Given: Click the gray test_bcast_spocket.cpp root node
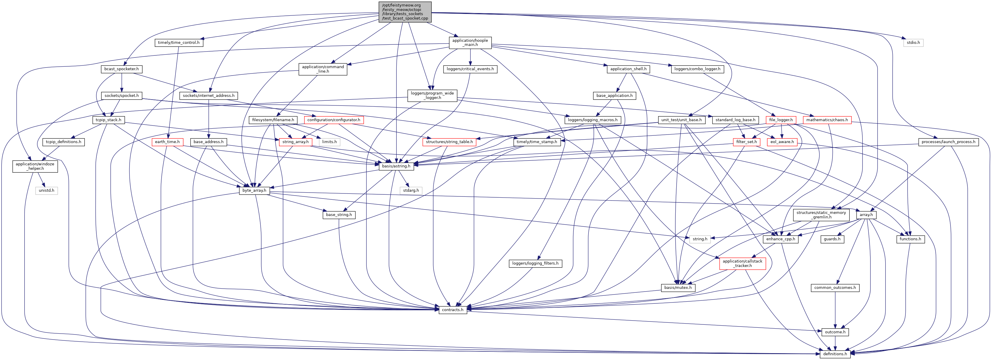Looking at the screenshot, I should pyautogui.click(x=405, y=12).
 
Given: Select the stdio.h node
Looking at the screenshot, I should pyautogui.click(x=913, y=42).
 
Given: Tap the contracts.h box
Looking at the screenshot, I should pyautogui.click(x=452, y=310).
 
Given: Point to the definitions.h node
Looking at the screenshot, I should pyautogui.click(x=835, y=353).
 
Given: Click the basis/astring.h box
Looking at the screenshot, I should pyautogui.click(x=396, y=166).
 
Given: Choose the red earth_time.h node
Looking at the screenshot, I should pyautogui.click(x=167, y=142).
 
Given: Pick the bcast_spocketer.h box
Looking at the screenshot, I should pyautogui.click(x=121, y=69).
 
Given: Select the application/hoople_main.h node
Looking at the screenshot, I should pyautogui.click(x=470, y=42).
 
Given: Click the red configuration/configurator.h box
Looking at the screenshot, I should pyautogui.click(x=334, y=120).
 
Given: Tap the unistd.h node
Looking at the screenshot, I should pyautogui.click(x=47, y=190).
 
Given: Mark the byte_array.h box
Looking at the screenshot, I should pyautogui.click(x=254, y=190).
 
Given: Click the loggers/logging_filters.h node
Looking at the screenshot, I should pyautogui.click(x=535, y=263).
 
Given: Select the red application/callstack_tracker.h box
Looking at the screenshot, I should pyautogui.click(x=742, y=263).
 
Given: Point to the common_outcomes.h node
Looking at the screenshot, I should pyautogui.click(x=835, y=288).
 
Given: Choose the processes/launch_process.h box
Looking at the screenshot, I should pyautogui.click(x=948, y=142).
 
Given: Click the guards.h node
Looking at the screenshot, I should pyautogui.click(x=832, y=239).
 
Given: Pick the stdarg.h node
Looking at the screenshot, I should pyautogui.click(x=411, y=190).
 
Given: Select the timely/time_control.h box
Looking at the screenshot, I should pyautogui.click(x=179, y=42).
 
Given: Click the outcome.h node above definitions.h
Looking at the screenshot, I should pyautogui.click(x=835, y=332).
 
